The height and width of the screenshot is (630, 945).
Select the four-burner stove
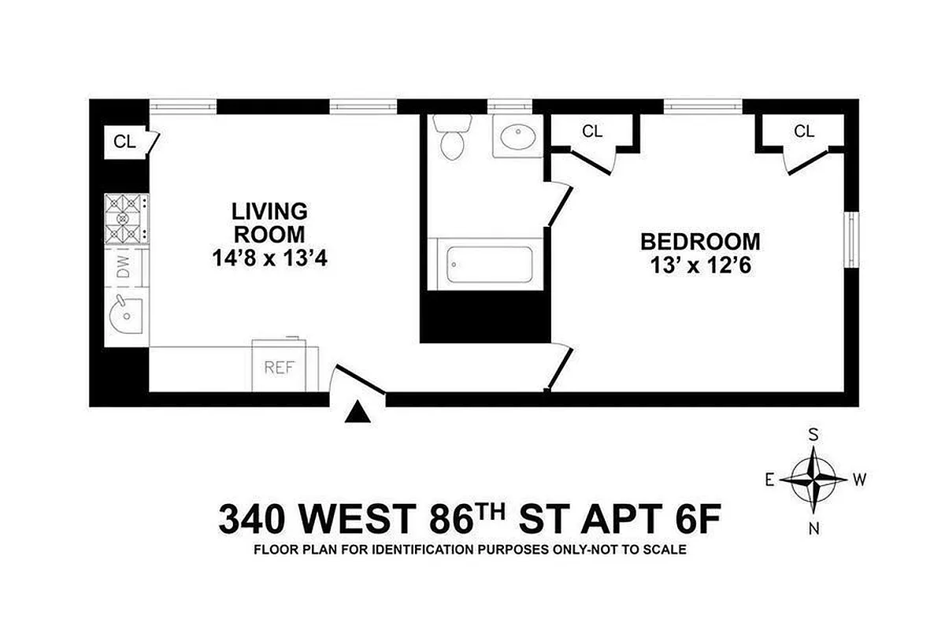coord(126,218)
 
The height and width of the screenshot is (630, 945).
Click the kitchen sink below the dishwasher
coord(126,320)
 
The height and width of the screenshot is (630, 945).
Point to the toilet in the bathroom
coord(453,138)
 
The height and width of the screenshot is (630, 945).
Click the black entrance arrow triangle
coord(358,412)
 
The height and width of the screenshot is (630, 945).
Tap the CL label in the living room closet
coord(124,142)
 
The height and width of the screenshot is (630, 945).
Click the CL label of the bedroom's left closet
coord(592,132)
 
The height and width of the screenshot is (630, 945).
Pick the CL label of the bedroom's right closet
coord(803,132)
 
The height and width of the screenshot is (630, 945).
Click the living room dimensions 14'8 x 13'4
coord(269,258)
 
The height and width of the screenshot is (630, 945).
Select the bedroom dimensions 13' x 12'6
coord(699,266)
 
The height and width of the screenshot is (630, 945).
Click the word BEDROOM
coord(699,241)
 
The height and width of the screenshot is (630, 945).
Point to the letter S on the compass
coord(814,433)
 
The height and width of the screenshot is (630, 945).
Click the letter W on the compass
coord(860,479)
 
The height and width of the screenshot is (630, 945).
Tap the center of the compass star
coord(814,479)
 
